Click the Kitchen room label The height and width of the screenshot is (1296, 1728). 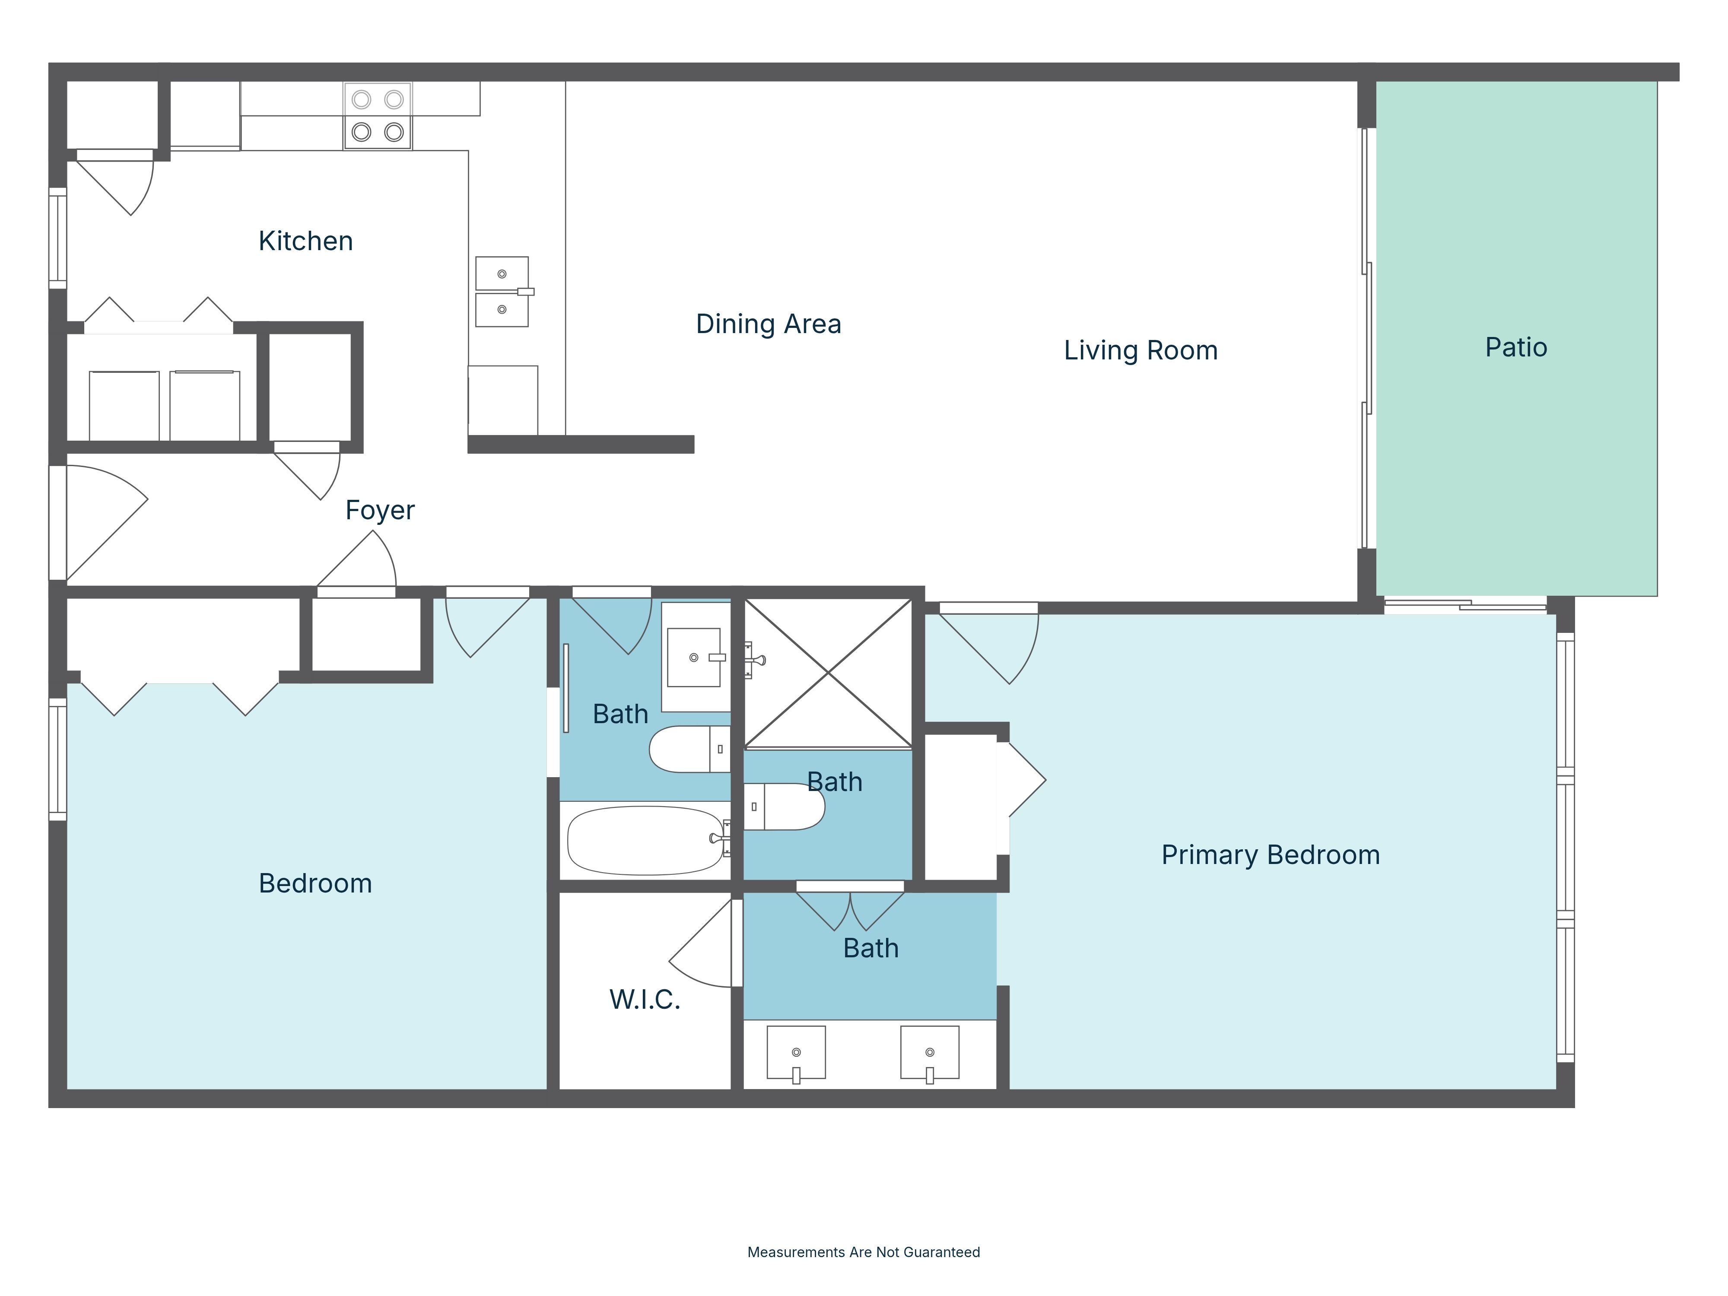point(305,241)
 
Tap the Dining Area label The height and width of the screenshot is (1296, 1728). point(768,324)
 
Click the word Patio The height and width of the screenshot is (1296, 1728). point(1515,348)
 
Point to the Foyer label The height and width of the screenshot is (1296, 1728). point(380,510)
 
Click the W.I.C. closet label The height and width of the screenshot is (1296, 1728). point(645,999)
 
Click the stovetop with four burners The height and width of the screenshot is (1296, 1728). point(377,116)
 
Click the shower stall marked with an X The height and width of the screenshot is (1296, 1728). point(827,672)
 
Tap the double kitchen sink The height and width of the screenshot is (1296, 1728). point(502,292)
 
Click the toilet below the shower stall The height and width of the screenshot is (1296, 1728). point(785,806)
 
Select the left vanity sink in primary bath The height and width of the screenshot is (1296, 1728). point(796,1052)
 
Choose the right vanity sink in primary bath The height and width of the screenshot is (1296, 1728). point(930,1052)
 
